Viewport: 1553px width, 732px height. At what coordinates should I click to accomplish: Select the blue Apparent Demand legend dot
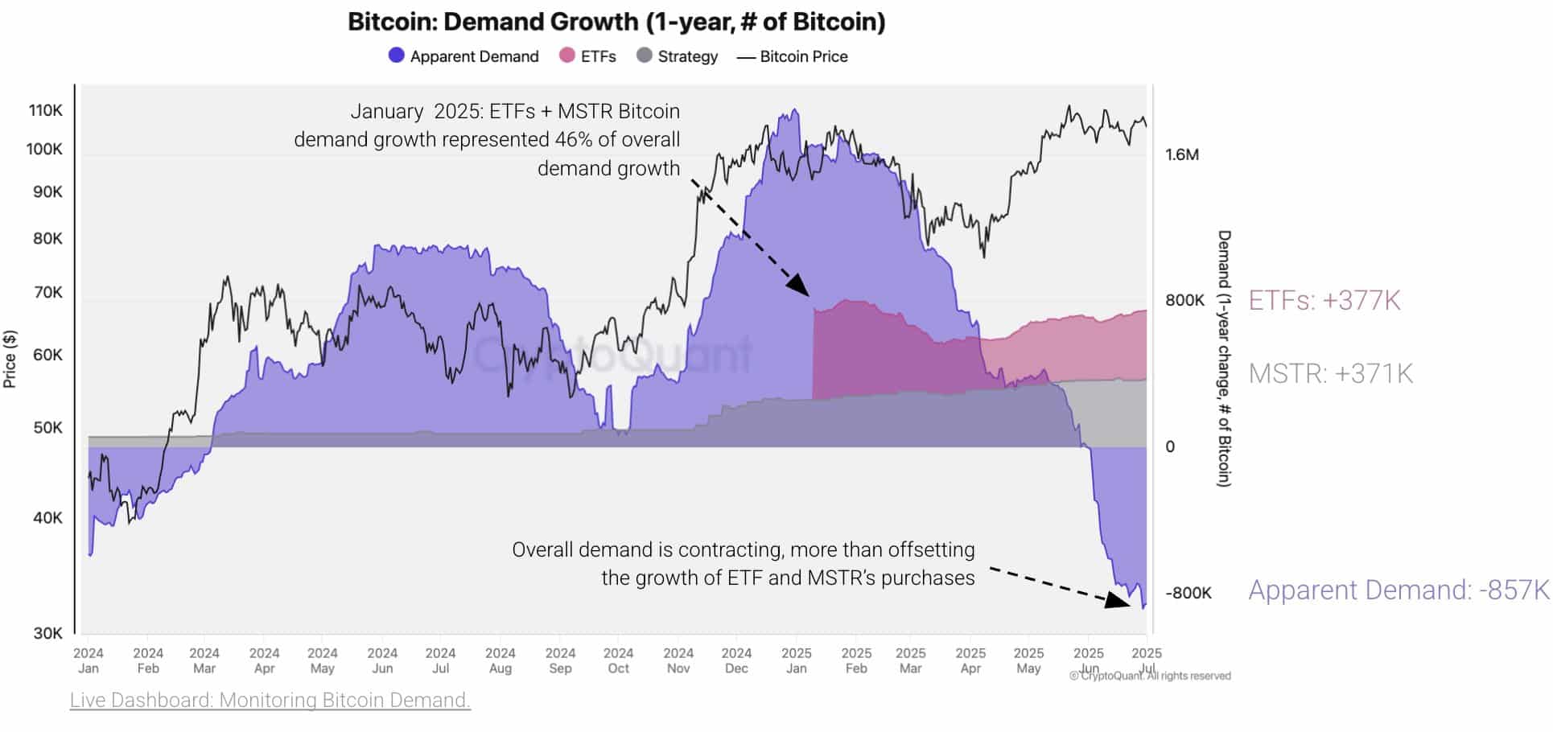point(396,56)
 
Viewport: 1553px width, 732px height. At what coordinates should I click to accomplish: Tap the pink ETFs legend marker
point(567,56)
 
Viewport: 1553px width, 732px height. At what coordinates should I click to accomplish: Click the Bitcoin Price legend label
point(803,56)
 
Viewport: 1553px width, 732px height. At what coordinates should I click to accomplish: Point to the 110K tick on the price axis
point(45,110)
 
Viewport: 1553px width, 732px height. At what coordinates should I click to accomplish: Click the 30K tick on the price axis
point(47,633)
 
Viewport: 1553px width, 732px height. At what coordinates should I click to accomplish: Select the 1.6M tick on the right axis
point(1181,154)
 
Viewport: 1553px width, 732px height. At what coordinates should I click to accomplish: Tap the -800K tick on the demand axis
point(1188,593)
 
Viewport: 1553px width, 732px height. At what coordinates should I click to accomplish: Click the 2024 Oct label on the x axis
point(618,660)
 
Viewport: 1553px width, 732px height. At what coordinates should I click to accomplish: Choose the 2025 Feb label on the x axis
point(856,660)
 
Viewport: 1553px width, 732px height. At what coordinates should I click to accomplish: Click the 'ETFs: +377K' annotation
point(1324,300)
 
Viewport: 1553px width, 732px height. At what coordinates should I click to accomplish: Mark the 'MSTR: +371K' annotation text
point(1330,373)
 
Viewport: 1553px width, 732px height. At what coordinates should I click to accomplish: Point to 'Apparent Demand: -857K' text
point(1398,590)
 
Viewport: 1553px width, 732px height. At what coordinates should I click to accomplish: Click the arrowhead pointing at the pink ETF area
point(799,286)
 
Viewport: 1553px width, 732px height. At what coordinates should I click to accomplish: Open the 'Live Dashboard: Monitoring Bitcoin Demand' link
point(270,700)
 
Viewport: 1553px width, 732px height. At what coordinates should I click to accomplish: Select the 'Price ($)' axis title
point(10,359)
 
